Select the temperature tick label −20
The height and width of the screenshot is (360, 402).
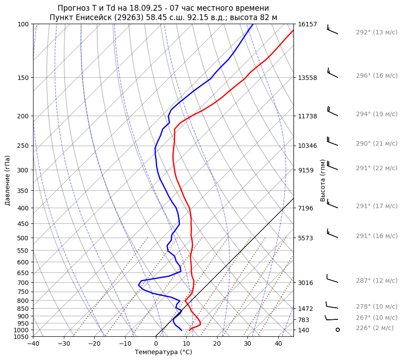(x=94, y=344)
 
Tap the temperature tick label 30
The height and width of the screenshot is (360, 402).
(x=247, y=344)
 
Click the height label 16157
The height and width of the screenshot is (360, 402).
(x=307, y=24)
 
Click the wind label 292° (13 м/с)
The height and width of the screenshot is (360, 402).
(x=377, y=33)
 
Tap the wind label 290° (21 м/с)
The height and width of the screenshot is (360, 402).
(x=377, y=144)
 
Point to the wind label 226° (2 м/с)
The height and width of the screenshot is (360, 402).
(x=375, y=328)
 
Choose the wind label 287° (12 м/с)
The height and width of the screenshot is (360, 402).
(x=377, y=280)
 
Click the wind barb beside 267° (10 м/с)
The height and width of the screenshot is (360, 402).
(x=331, y=318)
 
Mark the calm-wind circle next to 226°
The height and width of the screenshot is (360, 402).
(x=338, y=330)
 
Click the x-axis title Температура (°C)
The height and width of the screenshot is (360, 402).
(x=163, y=352)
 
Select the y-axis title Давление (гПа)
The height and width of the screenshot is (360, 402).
(x=8, y=180)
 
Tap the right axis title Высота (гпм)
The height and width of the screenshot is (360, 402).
(x=323, y=180)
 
